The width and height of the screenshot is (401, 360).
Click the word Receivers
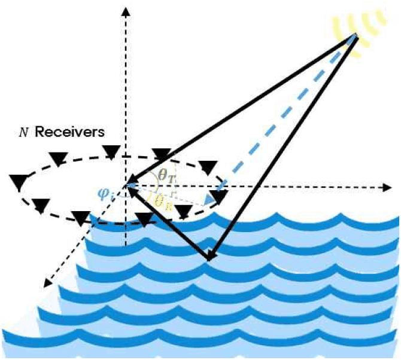tap(70, 132)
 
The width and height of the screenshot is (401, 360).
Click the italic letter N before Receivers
tap(23, 133)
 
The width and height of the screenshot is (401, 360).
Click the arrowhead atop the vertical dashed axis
tap(126, 11)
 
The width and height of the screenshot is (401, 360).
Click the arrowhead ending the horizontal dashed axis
tap(388, 188)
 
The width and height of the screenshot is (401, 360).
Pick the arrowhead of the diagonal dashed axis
tap(47, 283)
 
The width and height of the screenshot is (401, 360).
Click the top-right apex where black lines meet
tap(356, 35)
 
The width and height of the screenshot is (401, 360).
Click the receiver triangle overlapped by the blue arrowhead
tap(218, 197)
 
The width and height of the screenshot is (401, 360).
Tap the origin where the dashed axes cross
tap(126, 187)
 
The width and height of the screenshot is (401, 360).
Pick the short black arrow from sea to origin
tap(168, 223)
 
